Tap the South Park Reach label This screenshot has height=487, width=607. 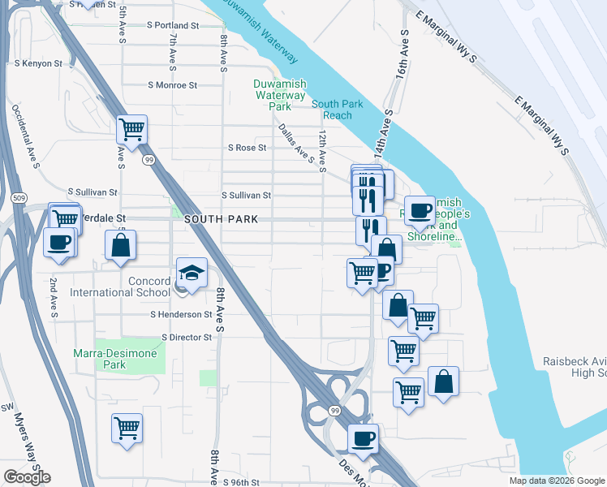pyautogui.click(x=332, y=110)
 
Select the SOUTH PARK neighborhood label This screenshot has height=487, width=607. pyautogui.click(x=221, y=220)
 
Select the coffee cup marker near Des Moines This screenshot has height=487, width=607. pyautogui.click(x=363, y=439)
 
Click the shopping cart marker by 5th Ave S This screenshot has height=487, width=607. pyautogui.click(x=131, y=129)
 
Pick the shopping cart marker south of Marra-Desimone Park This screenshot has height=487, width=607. pyautogui.click(x=127, y=428)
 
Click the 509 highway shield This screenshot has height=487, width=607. pyautogui.click(x=17, y=196)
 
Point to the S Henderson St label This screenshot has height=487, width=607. pyautogui.click(x=181, y=314)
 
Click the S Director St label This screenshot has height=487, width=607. pyautogui.click(x=187, y=337)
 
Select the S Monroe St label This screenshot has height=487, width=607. pyautogui.click(x=173, y=84)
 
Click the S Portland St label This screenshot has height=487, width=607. pyautogui.click(x=173, y=25)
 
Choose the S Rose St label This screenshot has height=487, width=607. pyautogui.click(x=248, y=148)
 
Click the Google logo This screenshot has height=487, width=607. pyautogui.click(x=27, y=477)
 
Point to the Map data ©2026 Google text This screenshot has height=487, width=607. pyautogui.click(x=556, y=481)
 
